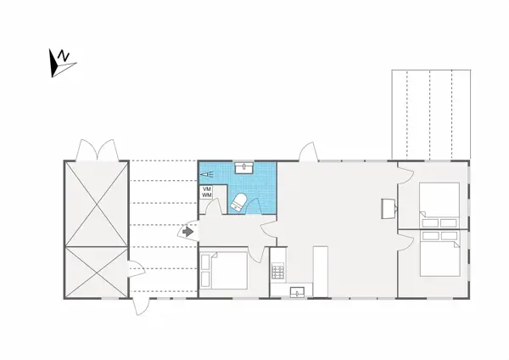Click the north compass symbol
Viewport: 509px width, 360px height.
[62, 62]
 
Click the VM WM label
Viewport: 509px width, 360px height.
[206, 192]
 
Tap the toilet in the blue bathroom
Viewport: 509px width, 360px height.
[240, 202]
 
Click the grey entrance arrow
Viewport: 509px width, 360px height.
[187, 231]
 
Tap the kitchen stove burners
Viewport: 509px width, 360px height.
[277, 272]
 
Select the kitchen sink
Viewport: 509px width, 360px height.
[297, 292]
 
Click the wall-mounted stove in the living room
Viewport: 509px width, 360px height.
[389, 207]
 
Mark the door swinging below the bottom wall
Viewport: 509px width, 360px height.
[137, 307]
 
